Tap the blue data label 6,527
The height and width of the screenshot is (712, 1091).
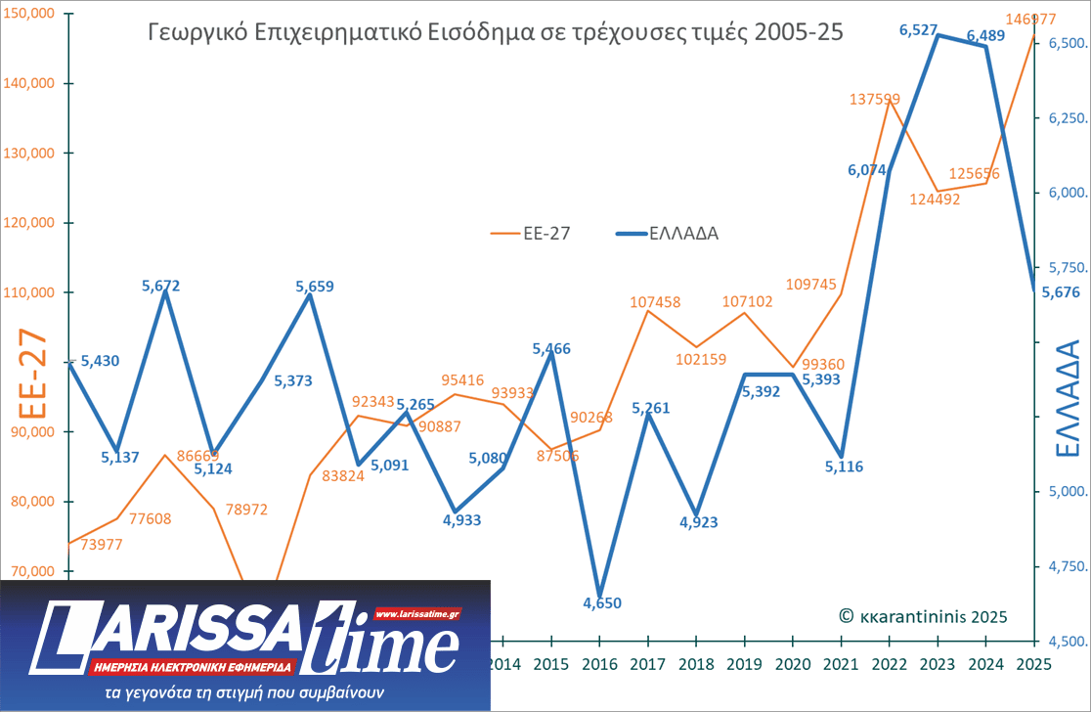pos(920,31)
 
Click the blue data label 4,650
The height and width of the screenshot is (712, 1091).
pos(602,602)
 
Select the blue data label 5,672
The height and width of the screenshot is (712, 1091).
pos(161,286)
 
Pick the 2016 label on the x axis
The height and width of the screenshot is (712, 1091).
pos(598,664)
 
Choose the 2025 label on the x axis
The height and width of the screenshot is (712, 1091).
pos(1034,664)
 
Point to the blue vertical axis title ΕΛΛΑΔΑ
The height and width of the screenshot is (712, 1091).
pos(1068,399)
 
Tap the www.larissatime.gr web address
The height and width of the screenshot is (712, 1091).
pos(417,614)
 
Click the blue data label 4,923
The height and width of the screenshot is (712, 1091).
pos(698,522)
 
